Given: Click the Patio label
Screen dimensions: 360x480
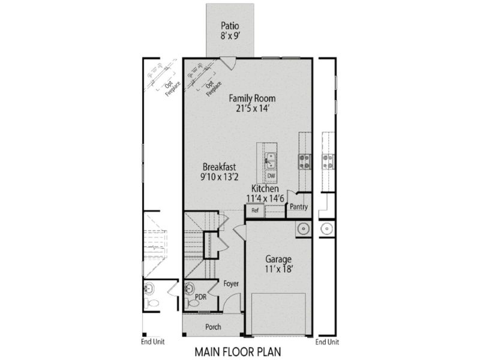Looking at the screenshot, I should pos(230,26).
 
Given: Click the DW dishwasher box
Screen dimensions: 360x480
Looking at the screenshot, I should pos(271,176).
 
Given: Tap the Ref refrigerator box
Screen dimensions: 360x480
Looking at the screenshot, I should pos(254,211).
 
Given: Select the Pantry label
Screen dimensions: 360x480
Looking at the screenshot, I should pos(298,207).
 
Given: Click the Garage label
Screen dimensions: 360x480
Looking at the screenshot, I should pos(279,259).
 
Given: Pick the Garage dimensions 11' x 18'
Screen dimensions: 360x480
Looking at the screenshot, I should pos(279,270).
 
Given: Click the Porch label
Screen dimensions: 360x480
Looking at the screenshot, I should pos(213,327).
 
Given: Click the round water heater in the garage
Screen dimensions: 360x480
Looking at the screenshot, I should pos(302,229).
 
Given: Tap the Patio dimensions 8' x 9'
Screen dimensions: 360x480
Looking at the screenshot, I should pos(230,36).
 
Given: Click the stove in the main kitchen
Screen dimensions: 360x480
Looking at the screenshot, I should pos(304,160).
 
